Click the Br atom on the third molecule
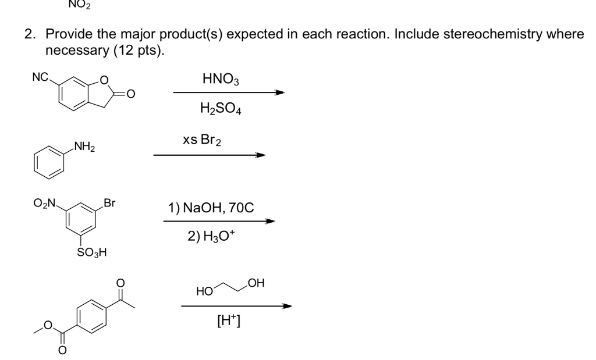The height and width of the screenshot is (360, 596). (x=109, y=204)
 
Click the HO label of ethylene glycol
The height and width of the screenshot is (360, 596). (x=204, y=289)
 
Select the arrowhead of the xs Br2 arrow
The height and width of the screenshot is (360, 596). (x=261, y=155)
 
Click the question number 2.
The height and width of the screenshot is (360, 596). (x=28, y=34)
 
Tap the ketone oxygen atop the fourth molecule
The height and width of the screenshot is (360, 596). (x=120, y=282)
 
